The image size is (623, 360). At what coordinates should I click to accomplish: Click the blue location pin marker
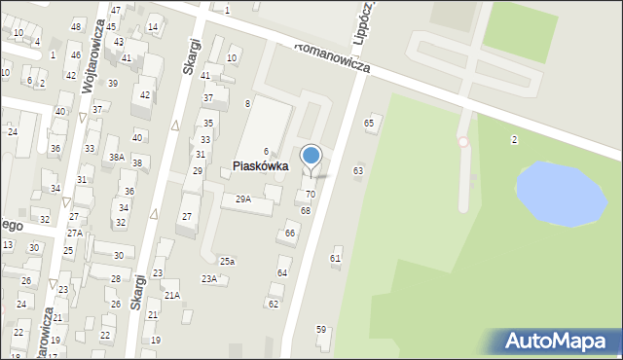(311, 157)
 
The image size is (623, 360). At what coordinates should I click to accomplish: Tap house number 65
(369, 123)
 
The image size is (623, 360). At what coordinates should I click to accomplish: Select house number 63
(358, 170)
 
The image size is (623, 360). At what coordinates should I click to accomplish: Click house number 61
(336, 258)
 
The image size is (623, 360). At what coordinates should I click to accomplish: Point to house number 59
(321, 329)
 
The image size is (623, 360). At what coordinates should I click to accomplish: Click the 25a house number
(227, 261)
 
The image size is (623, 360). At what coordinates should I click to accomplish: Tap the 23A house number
(209, 278)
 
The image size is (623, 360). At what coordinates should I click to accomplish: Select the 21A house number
(171, 295)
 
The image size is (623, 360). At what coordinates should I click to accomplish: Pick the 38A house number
(117, 157)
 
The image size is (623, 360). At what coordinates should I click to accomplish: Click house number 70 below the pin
(311, 194)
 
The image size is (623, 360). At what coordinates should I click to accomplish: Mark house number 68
(306, 210)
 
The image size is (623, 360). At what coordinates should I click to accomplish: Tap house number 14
(153, 26)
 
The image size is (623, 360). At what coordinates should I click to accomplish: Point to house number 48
(76, 25)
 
